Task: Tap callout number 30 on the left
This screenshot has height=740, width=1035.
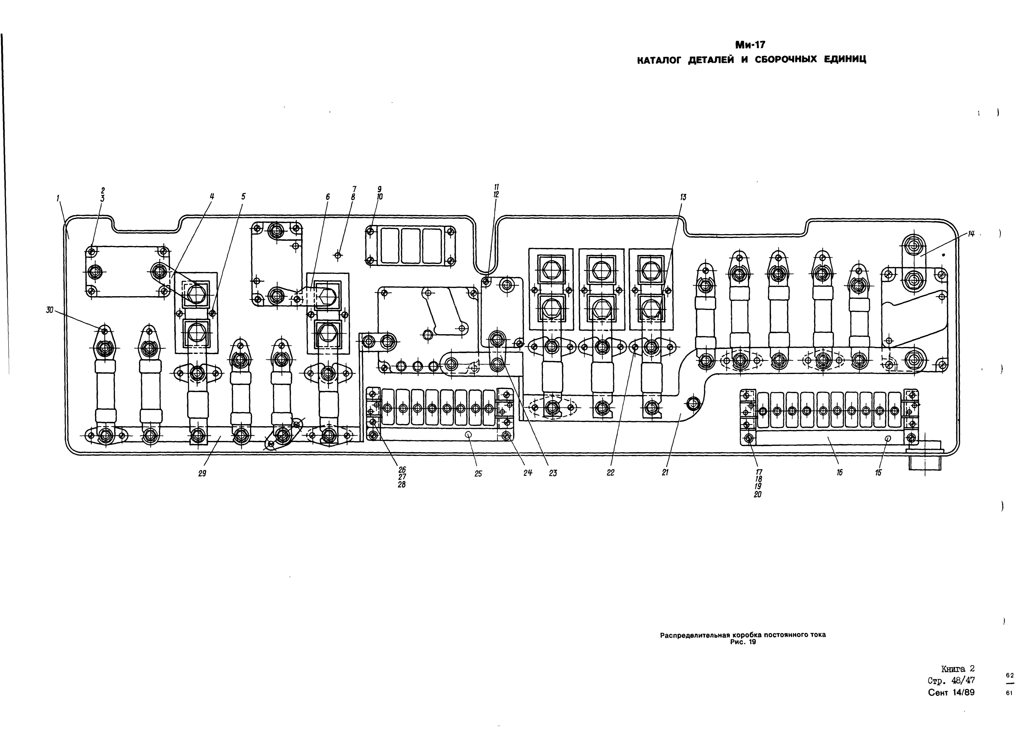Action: [49, 310]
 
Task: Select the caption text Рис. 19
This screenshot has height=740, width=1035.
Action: [743, 642]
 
